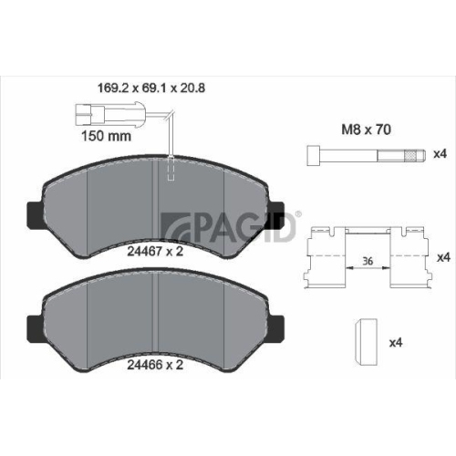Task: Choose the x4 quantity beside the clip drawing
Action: [443, 258]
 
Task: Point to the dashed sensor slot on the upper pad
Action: [171, 171]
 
